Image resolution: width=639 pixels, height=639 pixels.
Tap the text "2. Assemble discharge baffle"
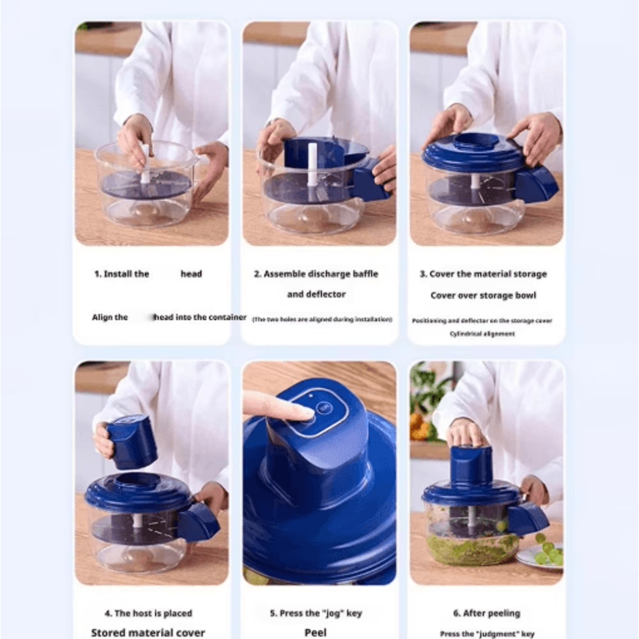(316, 274)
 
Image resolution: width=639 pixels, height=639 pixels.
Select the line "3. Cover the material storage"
(483, 274)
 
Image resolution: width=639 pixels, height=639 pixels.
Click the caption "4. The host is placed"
(148, 613)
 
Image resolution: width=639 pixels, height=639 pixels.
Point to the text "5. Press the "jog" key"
(316, 613)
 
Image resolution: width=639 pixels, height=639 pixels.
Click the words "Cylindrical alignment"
(482, 334)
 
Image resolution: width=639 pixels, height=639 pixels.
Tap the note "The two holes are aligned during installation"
(321, 319)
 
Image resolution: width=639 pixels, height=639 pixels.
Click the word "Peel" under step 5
(316, 632)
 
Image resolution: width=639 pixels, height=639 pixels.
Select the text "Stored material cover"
(148, 633)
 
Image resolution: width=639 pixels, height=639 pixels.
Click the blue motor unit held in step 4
(132, 440)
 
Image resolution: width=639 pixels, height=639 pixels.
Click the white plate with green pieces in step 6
(541, 556)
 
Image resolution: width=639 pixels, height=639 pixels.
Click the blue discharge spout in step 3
(535, 184)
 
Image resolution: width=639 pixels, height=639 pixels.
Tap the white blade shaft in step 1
(145, 166)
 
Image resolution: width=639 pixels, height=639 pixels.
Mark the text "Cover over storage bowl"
(483, 295)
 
